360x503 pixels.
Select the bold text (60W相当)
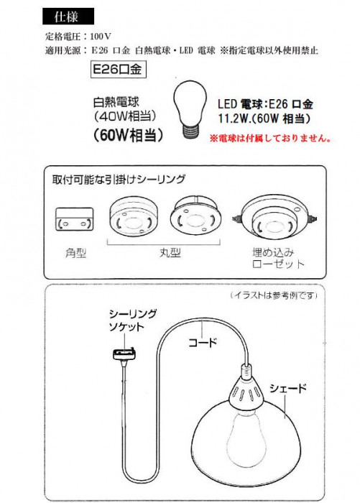pyautogui.click(x=126, y=135)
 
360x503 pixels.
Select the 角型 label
pyautogui.click(x=72, y=254)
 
